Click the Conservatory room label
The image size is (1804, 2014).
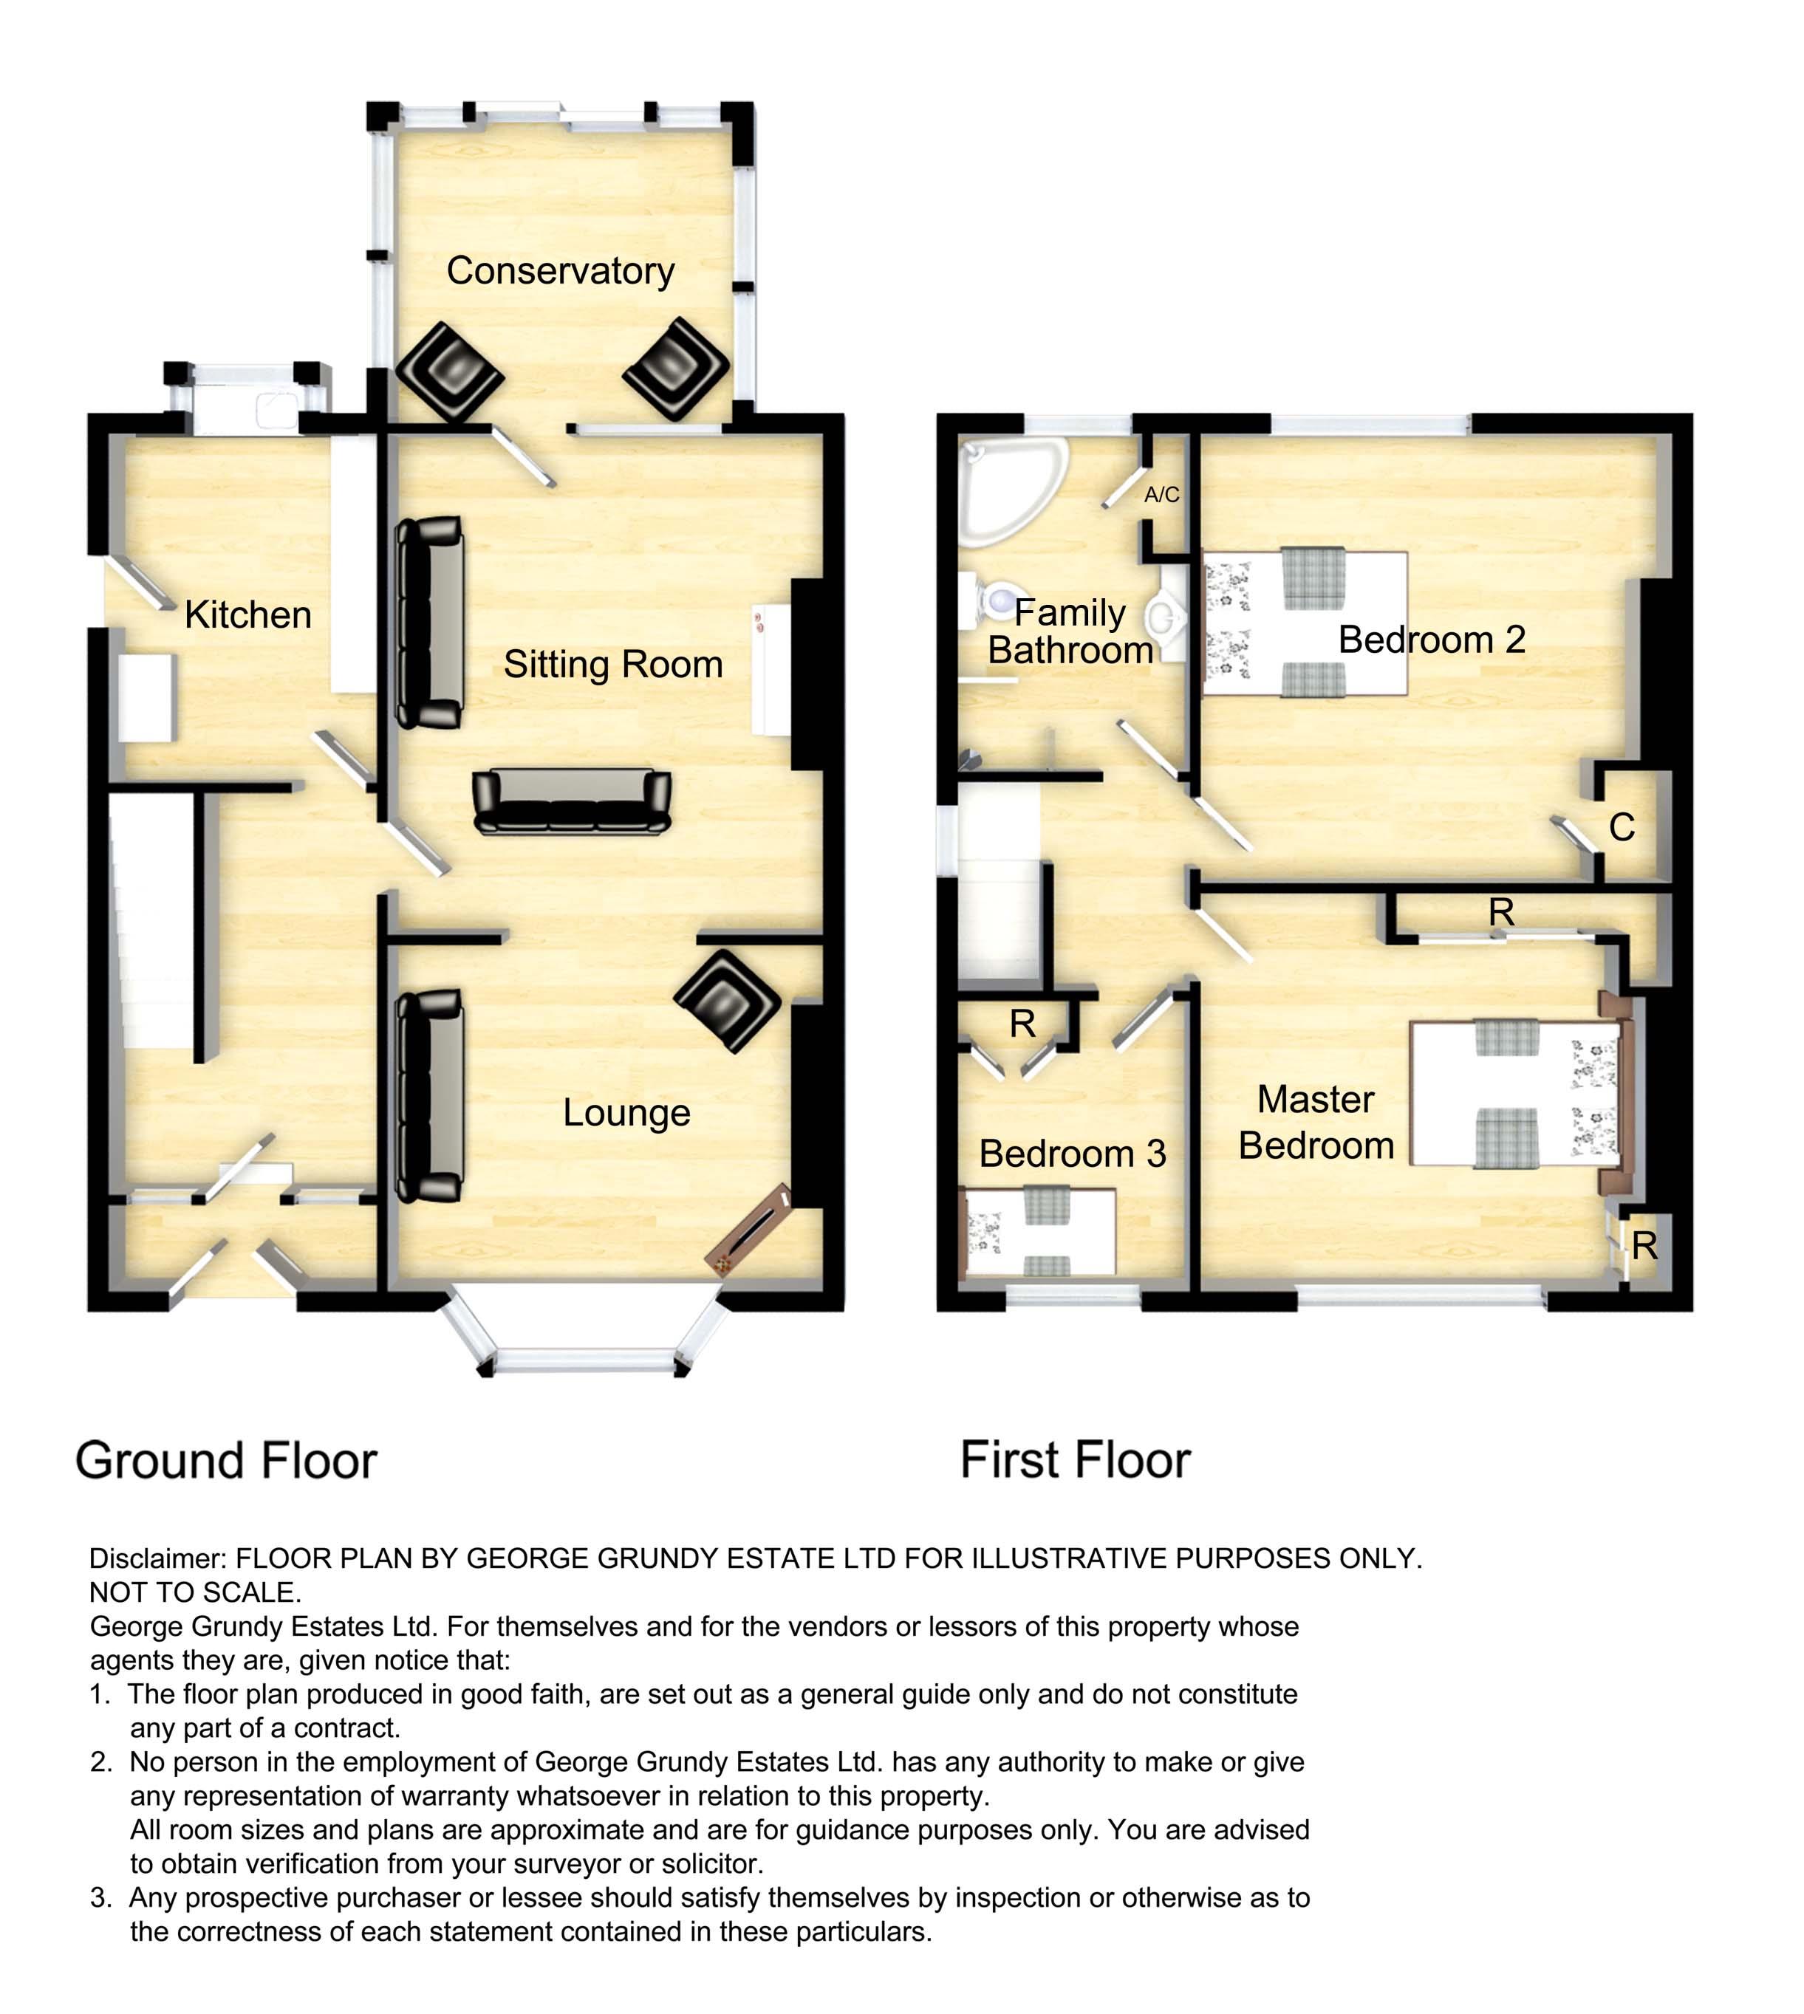560,270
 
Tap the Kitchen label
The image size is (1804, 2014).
247,614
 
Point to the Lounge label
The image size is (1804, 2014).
626,1113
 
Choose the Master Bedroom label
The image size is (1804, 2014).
1316,1122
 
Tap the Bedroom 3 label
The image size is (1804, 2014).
1073,1154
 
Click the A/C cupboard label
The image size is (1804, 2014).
1162,495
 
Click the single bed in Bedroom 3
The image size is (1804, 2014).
1040,1232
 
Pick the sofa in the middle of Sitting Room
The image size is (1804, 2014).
572,801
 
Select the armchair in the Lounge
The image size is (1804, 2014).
728,1001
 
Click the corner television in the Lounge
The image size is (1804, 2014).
748,1230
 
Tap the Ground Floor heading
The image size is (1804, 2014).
226,1461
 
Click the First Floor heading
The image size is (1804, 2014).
1076,1460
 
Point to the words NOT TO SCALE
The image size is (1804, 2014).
195,1593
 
